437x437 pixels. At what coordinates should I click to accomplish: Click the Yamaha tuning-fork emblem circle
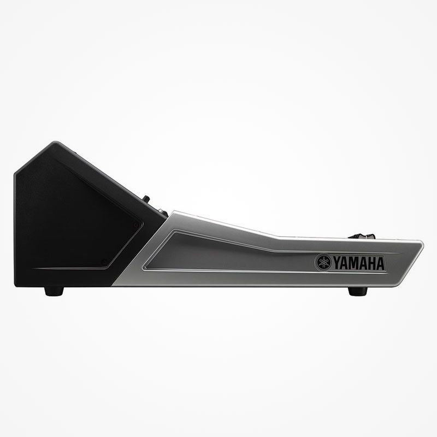click(323, 262)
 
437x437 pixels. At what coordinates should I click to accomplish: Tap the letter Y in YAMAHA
click(338, 263)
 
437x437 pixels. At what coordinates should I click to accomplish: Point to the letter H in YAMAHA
click(371, 263)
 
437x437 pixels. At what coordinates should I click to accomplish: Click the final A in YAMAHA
click(380, 263)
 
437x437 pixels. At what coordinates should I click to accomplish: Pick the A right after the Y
click(346, 263)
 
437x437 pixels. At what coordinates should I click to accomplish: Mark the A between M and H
click(363, 263)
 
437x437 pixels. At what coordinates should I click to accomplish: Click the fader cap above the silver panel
click(362, 237)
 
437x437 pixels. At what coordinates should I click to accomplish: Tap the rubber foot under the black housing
click(54, 291)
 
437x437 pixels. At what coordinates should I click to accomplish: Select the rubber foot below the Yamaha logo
click(358, 291)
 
